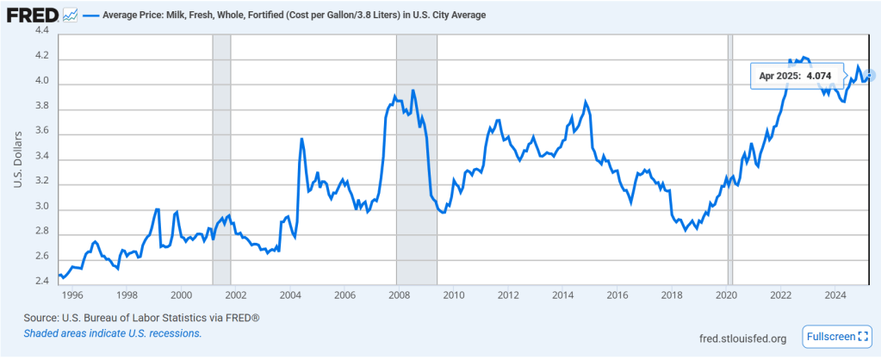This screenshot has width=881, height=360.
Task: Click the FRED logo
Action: [x=33, y=16]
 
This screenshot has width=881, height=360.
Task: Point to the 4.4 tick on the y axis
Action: [x=40, y=31]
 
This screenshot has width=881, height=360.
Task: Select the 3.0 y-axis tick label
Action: [x=40, y=208]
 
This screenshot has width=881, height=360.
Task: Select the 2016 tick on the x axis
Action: [x=617, y=295]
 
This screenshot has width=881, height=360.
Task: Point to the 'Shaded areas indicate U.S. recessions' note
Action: [x=113, y=332]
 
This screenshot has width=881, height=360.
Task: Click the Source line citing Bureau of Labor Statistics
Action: [x=142, y=318]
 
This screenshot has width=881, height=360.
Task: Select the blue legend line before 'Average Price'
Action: [x=92, y=16]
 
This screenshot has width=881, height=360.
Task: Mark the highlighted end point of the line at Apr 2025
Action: [x=870, y=76]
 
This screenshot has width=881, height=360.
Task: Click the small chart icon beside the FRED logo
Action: [x=70, y=16]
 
